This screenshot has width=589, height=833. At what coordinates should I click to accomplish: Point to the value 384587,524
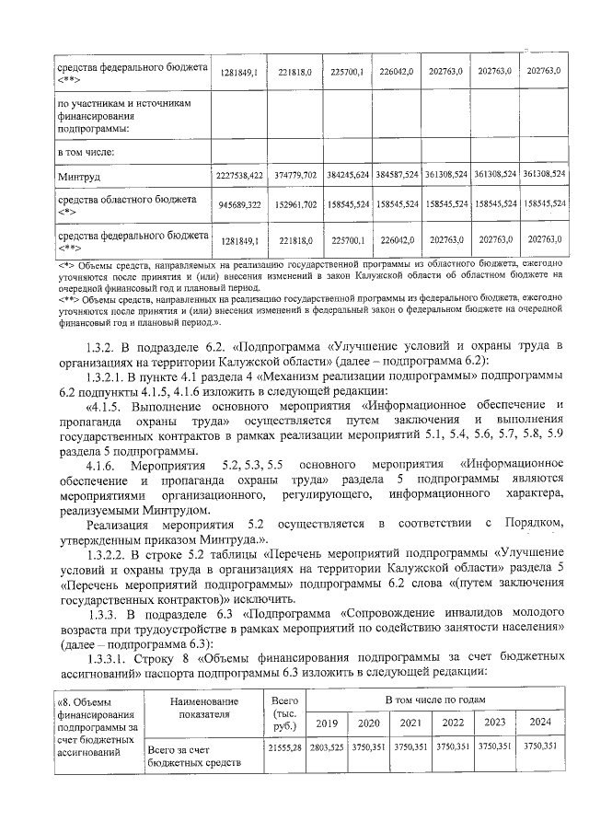tap(398, 175)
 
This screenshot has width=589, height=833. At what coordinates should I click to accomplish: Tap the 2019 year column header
tap(326, 723)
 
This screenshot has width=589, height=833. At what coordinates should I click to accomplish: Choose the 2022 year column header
tap(453, 723)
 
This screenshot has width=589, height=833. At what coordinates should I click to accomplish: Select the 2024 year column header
tap(540, 723)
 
